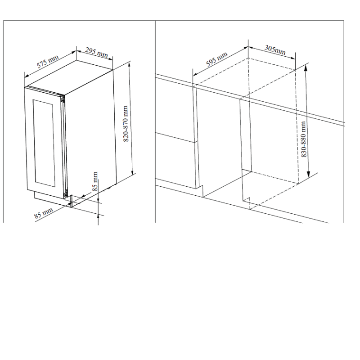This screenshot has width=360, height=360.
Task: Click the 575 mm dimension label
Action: click(48, 62)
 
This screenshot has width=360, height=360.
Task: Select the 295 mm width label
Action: click(96, 52)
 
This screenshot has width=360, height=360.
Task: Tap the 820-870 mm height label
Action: click(126, 123)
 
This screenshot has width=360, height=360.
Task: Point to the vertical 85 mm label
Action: click(95, 181)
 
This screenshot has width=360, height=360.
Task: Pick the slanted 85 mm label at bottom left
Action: click(43, 213)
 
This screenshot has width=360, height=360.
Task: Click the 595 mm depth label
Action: click(216, 59)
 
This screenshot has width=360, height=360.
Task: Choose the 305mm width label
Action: click(275, 50)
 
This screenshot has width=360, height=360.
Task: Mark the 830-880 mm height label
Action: click(303, 139)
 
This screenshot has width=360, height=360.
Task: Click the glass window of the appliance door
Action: click(44, 143)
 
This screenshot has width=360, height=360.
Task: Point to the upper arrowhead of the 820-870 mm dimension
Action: click(130, 65)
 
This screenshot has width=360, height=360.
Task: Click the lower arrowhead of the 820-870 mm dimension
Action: click(132, 172)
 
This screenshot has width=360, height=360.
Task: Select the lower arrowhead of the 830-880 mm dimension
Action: click(308, 175)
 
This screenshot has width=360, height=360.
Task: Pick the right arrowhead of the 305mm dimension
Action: click(293, 58)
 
